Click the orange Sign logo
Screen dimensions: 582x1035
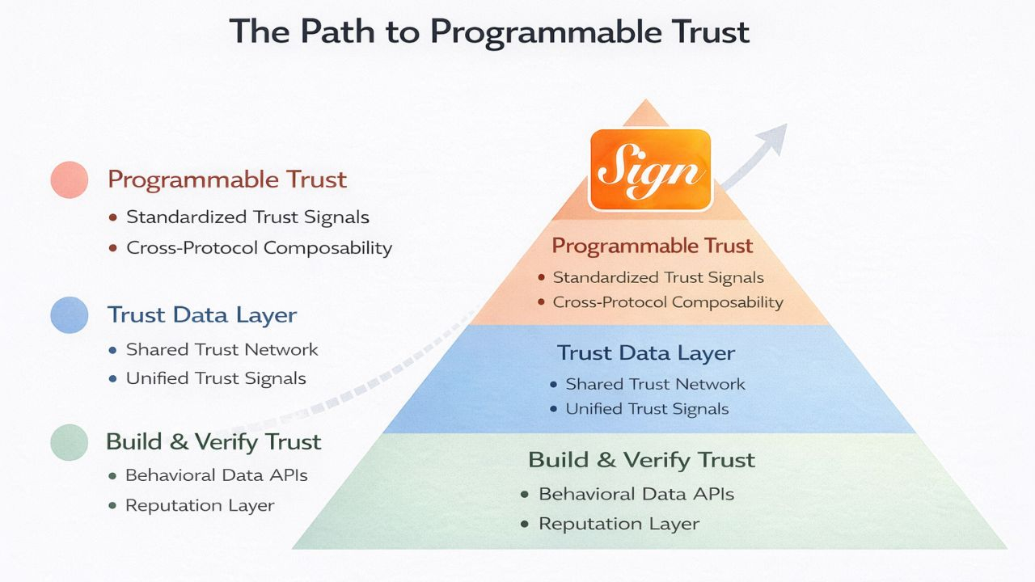point(650,171)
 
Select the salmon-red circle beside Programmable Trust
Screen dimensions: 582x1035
point(69,179)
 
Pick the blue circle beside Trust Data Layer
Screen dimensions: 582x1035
point(69,314)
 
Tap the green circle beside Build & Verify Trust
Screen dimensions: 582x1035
point(69,442)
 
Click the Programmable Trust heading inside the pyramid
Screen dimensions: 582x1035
point(652,246)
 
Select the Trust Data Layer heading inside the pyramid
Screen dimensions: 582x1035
point(645,353)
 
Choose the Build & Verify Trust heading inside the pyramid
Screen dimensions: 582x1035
point(641,460)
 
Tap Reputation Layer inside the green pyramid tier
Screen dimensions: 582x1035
point(619,524)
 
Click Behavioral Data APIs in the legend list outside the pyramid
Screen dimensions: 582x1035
point(216,475)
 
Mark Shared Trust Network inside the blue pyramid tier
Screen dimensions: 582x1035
point(655,384)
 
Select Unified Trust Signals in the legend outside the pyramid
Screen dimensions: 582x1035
point(216,378)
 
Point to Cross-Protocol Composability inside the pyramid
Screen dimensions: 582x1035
point(668,302)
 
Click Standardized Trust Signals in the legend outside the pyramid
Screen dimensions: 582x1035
point(247,217)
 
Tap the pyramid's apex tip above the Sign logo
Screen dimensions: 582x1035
point(645,102)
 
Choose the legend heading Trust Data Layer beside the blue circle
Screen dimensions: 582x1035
point(201,314)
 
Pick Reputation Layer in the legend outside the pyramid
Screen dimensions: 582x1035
point(200,506)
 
